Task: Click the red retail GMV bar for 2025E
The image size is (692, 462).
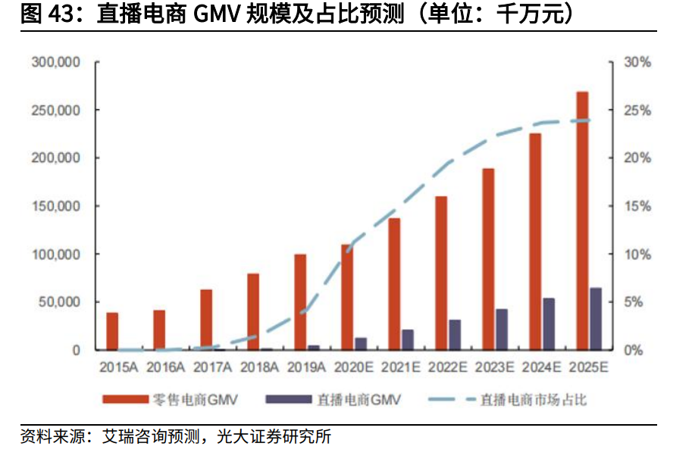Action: [582, 220]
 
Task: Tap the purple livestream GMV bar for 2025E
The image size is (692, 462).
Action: [596, 319]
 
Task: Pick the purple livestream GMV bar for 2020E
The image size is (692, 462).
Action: [361, 344]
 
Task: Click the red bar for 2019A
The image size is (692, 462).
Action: [300, 302]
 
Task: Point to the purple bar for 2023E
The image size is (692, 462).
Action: [502, 329]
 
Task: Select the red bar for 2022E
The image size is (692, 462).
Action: [441, 273]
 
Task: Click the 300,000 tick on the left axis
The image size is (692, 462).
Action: [56, 62]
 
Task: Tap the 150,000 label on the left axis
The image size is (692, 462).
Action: [56, 206]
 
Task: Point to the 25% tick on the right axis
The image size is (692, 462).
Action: [637, 110]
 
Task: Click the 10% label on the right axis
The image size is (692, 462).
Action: [637, 254]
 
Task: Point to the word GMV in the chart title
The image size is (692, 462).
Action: [215, 14]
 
